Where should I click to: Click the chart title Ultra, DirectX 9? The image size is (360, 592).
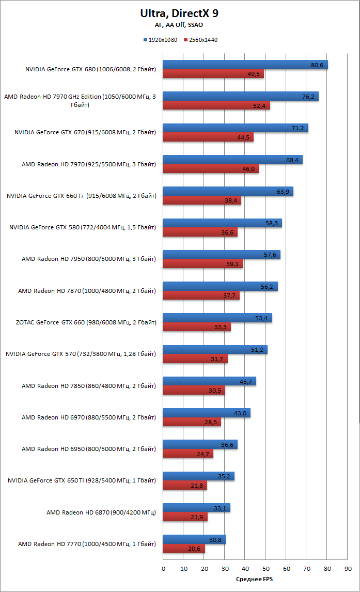pyautogui.click(x=179, y=13)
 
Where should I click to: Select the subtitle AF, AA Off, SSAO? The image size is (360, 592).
pyautogui.click(x=179, y=25)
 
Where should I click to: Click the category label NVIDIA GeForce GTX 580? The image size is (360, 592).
pyautogui.click(x=83, y=227)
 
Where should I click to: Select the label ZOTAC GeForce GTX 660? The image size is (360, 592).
pyautogui.click(x=86, y=322)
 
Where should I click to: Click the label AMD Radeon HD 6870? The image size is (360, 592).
pyautogui.click(x=101, y=512)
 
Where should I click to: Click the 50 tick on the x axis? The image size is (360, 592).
pyautogui.click(x=265, y=569)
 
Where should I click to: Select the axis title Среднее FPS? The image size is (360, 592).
pyautogui.click(x=255, y=580)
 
